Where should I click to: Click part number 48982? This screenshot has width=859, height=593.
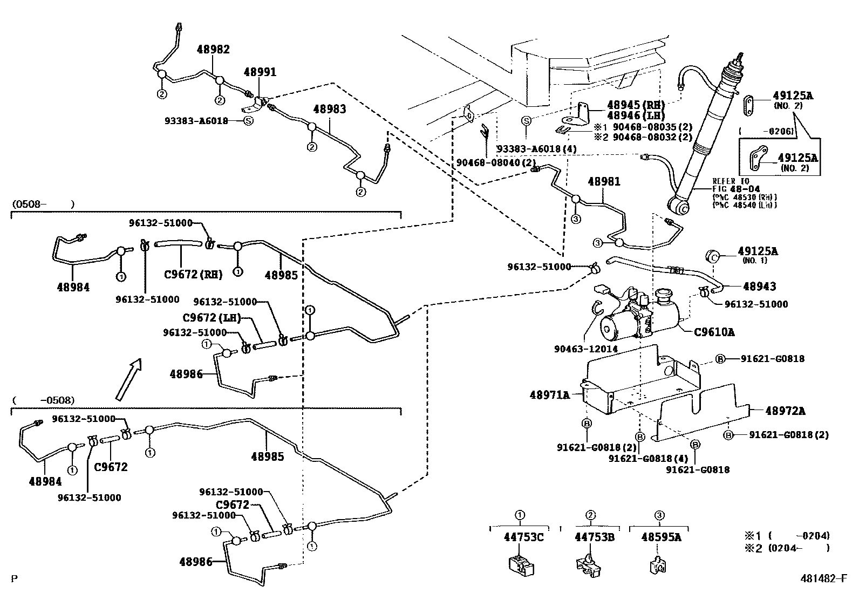coord(213,50)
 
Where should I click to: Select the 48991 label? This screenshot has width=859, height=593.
coord(260,72)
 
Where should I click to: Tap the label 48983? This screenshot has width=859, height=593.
coord(330,109)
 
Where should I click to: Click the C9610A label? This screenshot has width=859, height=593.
coord(717,332)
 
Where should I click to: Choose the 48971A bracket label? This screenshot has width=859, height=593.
coord(549,396)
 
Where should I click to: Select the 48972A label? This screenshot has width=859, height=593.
coord(785,411)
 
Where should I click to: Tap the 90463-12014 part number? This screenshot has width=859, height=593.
coord(585,349)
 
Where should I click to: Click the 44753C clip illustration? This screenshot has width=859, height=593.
coord(521,565)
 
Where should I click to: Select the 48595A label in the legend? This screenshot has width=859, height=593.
coord(661,537)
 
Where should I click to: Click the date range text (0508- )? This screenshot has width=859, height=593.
coord(42,205)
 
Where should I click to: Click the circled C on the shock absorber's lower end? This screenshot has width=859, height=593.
coord(683,209)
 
